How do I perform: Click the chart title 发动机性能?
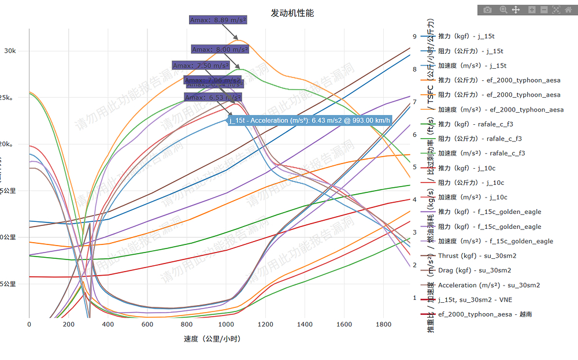(292, 13)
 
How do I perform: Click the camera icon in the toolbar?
(488, 10)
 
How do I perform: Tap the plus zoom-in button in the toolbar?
(532, 10)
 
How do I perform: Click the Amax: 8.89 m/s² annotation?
(218, 20)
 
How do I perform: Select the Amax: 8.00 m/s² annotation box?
(220, 50)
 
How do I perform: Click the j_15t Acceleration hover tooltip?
(310, 121)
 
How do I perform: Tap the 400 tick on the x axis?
(108, 325)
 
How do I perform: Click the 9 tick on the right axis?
(414, 36)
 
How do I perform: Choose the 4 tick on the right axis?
(414, 200)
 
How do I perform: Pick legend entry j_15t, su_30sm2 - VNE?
(475, 300)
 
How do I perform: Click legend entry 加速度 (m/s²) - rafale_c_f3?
(481, 153)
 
